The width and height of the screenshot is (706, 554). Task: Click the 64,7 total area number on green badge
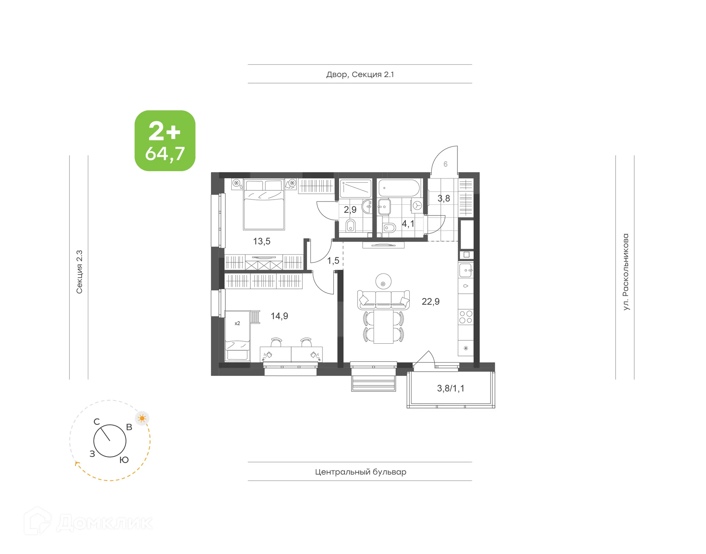pyautogui.click(x=165, y=154)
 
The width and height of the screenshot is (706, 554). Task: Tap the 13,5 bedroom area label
pyautogui.click(x=261, y=242)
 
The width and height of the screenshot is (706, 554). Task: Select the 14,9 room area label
pyautogui.click(x=279, y=316)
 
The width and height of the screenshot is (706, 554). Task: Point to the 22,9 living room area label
pyautogui.click(x=430, y=302)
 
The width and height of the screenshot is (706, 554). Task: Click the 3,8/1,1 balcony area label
pyautogui.click(x=450, y=389)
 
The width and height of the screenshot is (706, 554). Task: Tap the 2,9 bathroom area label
pyautogui.click(x=350, y=210)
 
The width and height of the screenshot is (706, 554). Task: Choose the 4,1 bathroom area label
pyautogui.click(x=408, y=224)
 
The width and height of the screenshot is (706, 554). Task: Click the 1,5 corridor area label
pyautogui.click(x=333, y=261)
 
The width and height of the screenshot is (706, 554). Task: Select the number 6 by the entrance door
pyautogui.click(x=445, y=164)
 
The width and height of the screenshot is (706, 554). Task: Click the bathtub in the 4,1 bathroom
pyautogui.click(x=399, y=188)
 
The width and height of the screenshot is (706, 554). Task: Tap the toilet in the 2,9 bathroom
pyautogui.click(x=350, y=225)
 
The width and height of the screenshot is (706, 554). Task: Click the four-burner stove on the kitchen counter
pyautogui.click(x=466, y=317)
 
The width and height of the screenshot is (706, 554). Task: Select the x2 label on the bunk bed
pyautogui.click(x=237, y=324)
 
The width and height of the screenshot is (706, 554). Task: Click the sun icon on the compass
pyautogui.click(x=142, y=418)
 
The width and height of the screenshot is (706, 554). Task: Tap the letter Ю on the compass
pyautogui.click(x=124, y=460)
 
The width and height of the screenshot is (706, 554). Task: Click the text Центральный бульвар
pyautogui.click(x=360, y=472)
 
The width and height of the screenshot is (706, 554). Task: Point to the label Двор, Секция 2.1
pyautogui.click(x=360, y=75)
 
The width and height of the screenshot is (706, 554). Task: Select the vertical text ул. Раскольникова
pyautogui.click(x=625, y=272)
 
